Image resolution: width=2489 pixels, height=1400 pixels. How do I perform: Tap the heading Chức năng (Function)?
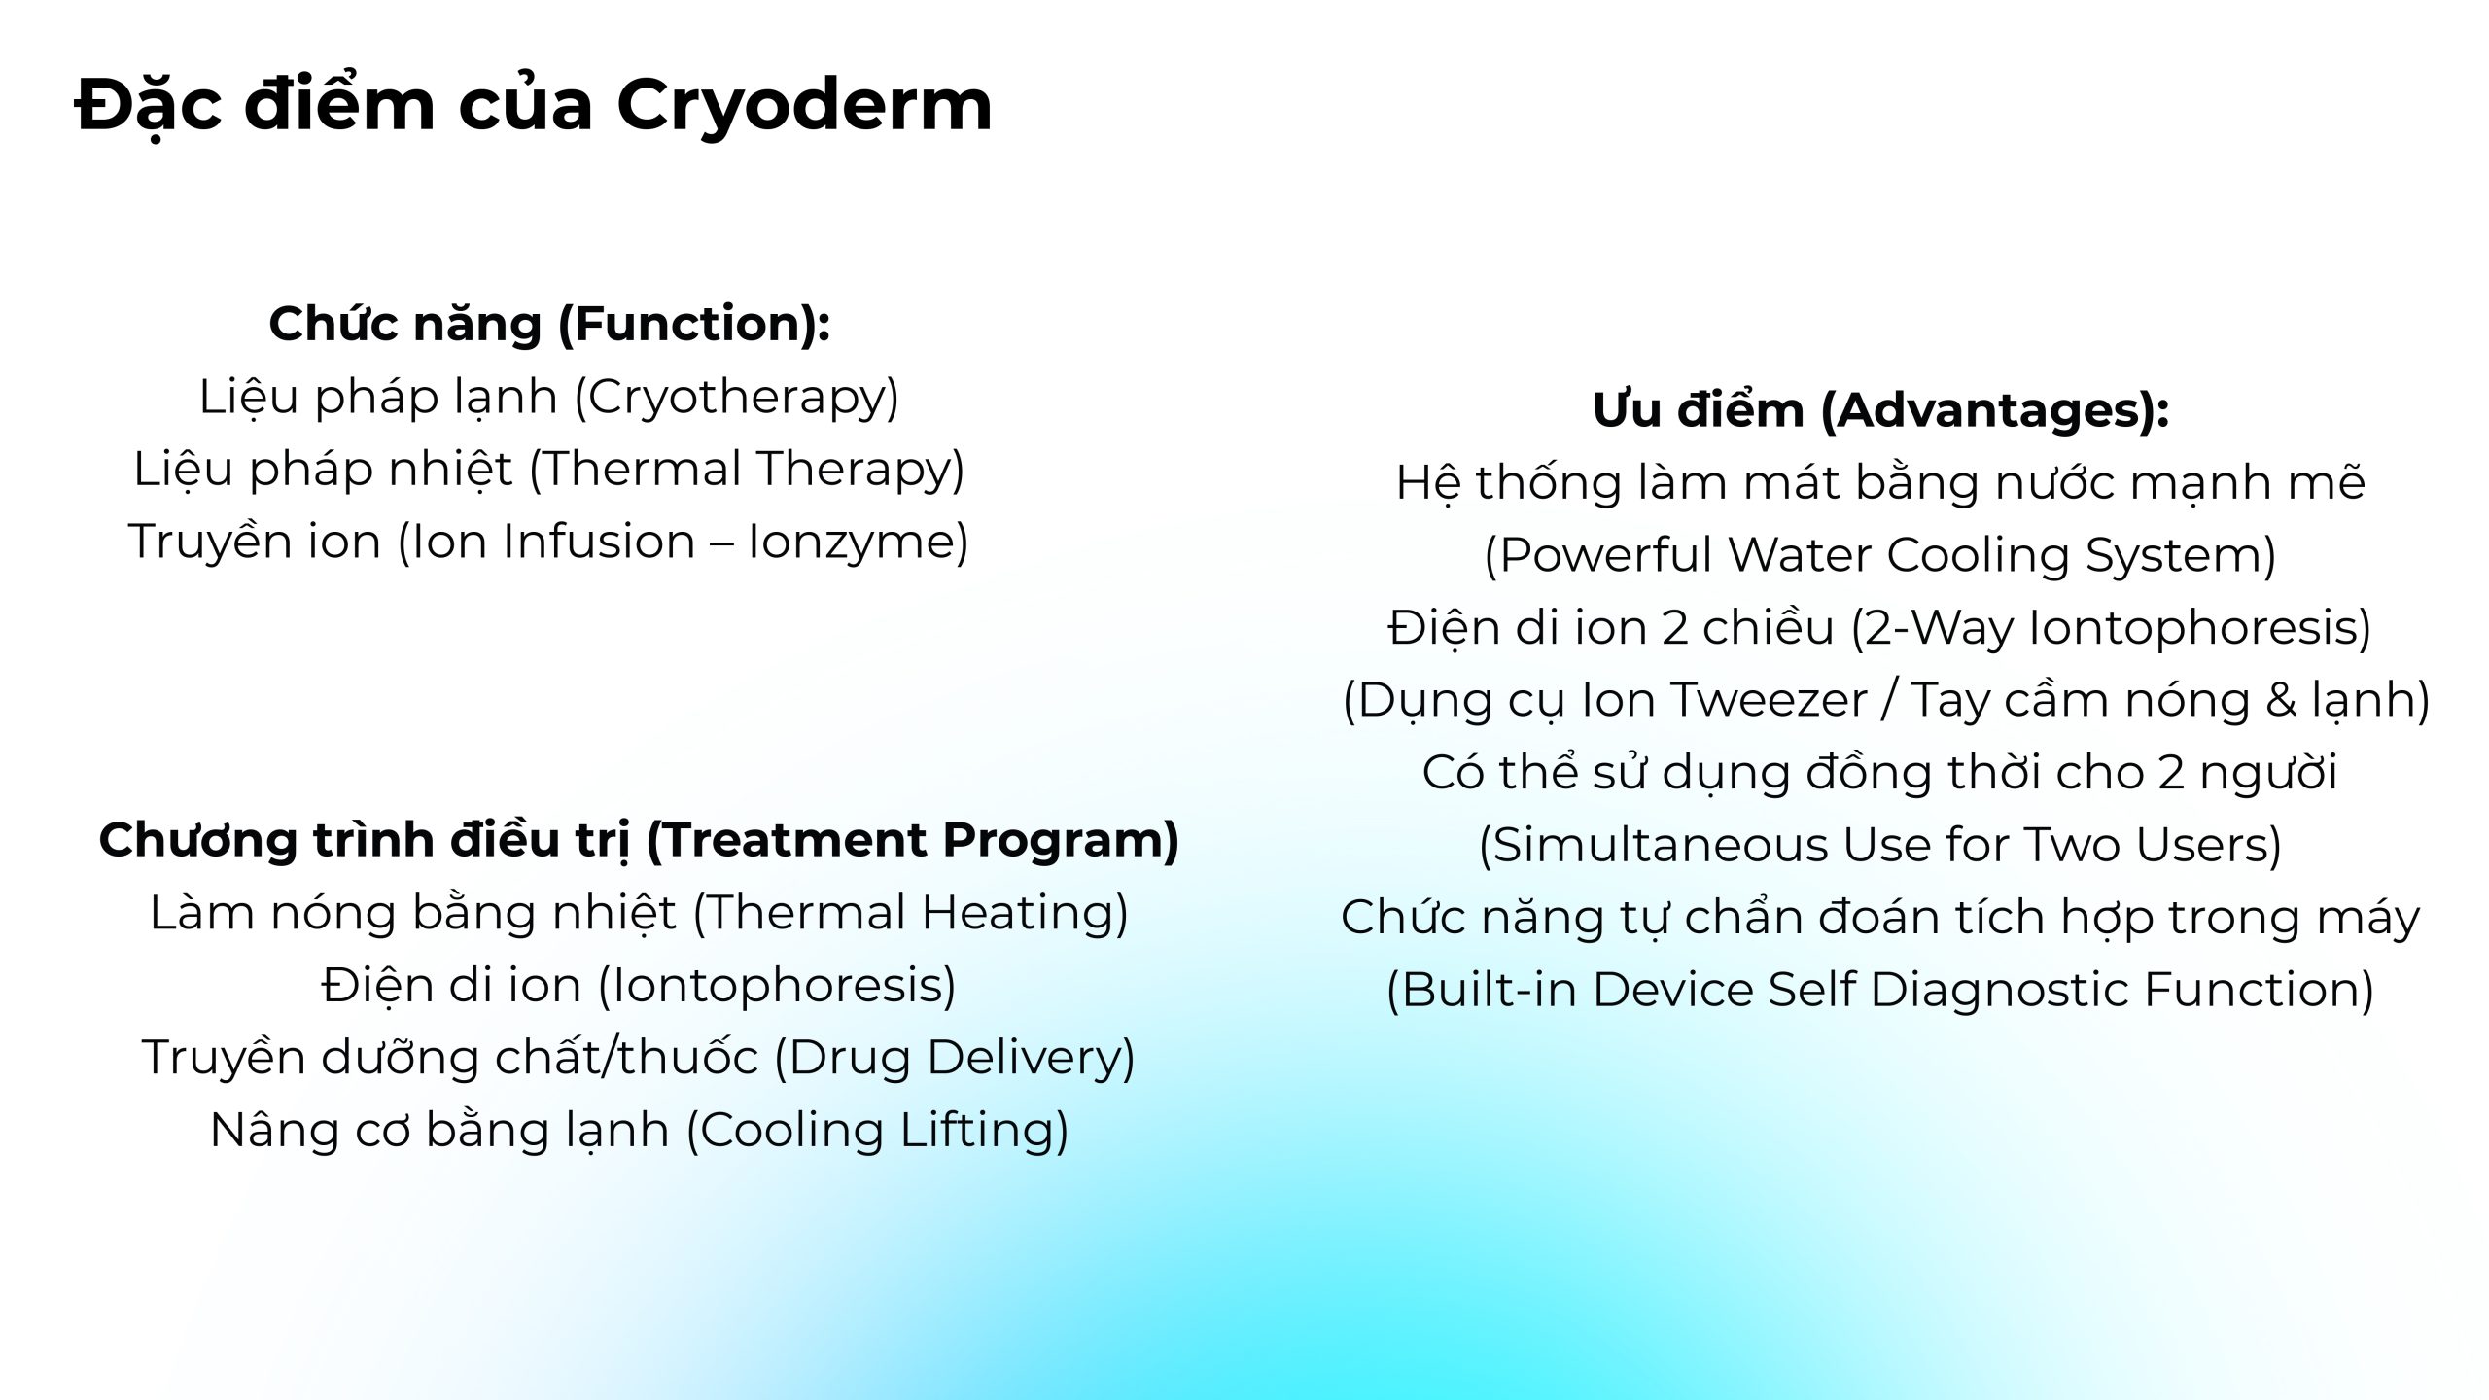(x=549, y=324)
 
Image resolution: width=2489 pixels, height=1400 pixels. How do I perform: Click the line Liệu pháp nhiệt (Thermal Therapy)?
(x=548, y=470)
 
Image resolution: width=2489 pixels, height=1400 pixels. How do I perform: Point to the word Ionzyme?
(x=851, y=542)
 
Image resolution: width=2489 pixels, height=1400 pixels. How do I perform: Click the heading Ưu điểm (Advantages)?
(x=1880, y=409)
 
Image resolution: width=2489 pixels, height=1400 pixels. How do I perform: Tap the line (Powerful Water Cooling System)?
(x=1880, y=555)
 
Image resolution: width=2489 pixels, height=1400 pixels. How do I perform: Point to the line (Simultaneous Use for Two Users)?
(x=1880, y=845)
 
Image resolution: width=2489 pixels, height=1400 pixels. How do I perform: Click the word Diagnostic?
(x=2000, y=991)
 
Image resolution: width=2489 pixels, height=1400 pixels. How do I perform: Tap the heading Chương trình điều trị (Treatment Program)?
(x=639, y=840)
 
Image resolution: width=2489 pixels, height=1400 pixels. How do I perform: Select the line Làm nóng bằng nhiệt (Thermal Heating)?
(x=639, y=913)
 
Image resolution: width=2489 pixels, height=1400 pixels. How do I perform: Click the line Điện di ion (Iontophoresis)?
(x=639, y=986)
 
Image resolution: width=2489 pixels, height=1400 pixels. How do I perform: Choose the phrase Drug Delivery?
(x=954, y=1058)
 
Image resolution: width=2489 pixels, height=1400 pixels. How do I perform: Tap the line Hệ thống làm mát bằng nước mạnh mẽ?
(x=1880, y=482)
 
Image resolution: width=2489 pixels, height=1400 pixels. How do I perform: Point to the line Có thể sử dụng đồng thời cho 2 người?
(x=1880, y=773)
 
